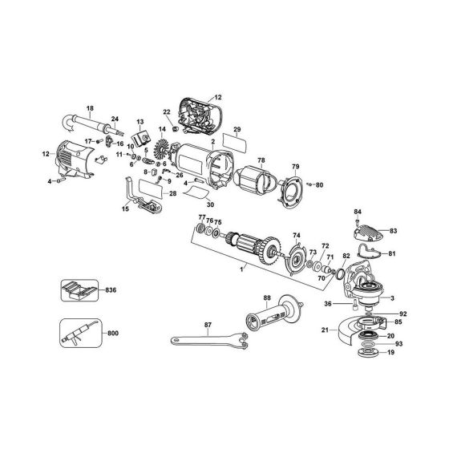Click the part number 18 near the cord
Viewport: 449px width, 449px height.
pyautogui.click(x=90, y=108)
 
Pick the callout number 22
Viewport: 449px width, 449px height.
pyautogui.click(x=167, y=111)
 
